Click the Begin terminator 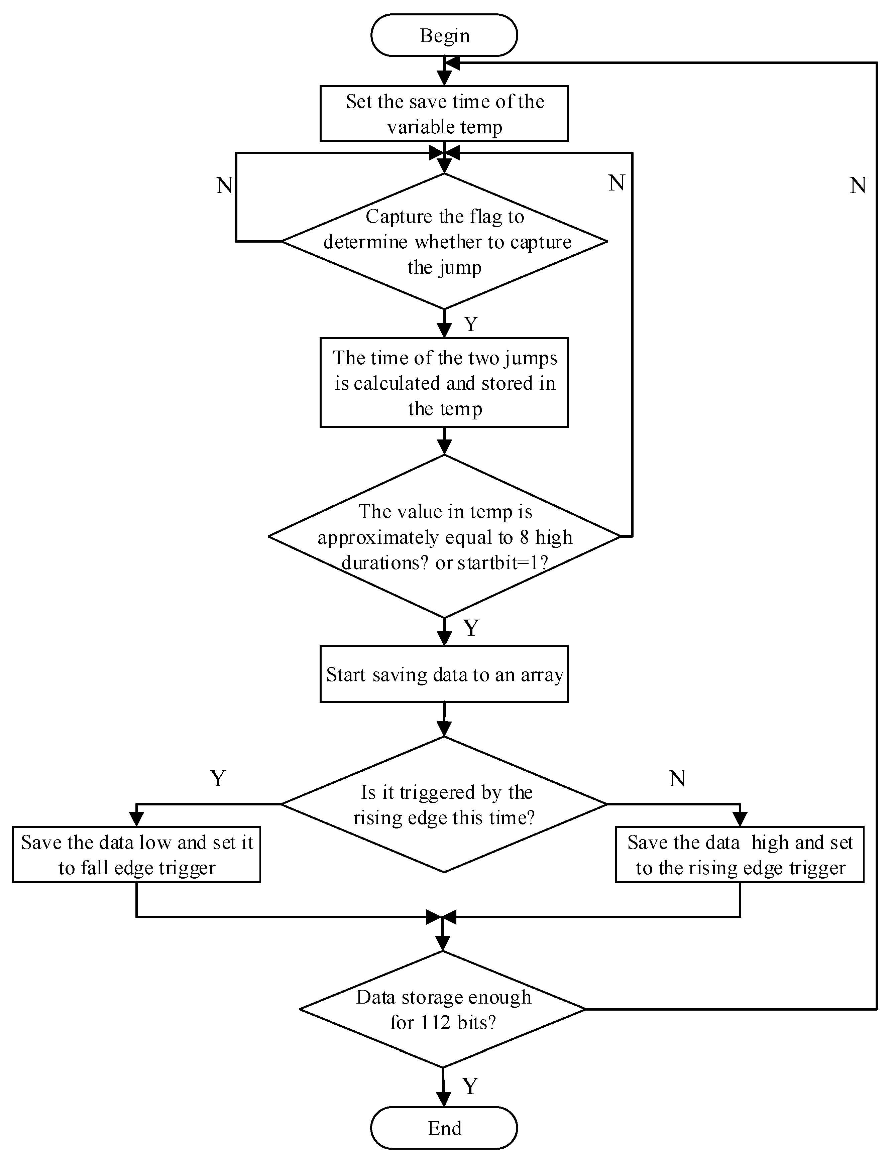pos(444,35)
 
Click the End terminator pos(444,1128)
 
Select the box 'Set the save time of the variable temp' pos(444,114)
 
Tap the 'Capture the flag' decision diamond pos(444,241)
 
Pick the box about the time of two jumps pos(444,383)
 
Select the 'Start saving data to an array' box pos(444,674)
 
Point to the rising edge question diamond pos(444,804)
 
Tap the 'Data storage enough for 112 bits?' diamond pos(443,1009)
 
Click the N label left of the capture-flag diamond pos(224,185)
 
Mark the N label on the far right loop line pos(858,185)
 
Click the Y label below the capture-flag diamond pos(471,324)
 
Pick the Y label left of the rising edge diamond pos(218,778)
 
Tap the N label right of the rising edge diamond pos(677,778)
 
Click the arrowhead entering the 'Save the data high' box pos(740,819)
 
